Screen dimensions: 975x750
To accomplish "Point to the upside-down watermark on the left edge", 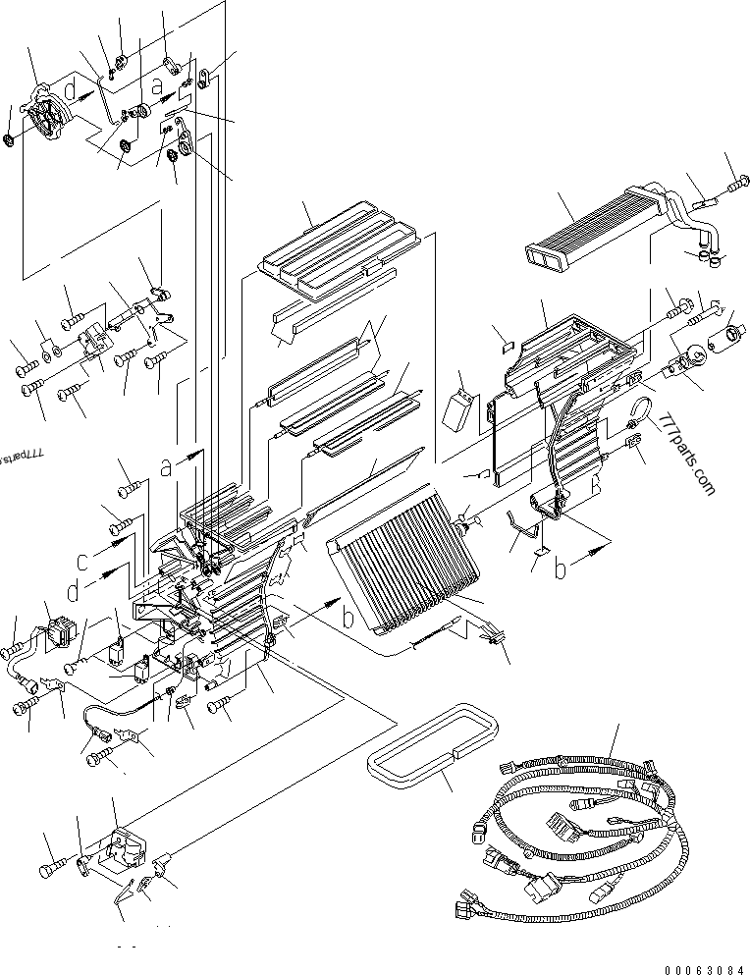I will click(22, 458).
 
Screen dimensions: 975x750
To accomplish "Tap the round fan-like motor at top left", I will click(46, 115).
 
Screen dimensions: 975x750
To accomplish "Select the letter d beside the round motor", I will click(70, 90).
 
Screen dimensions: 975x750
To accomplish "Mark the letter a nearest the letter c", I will click(166, 468).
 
